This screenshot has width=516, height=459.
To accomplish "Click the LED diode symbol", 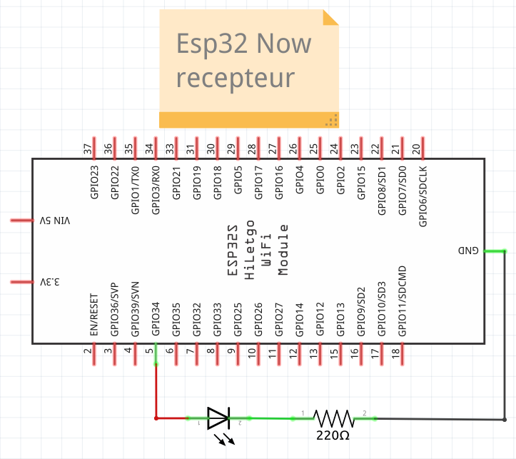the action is tap(218, 418).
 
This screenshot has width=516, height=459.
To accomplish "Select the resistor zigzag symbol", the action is tap(334, 418).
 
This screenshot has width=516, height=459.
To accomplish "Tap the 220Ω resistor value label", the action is tap(333, 435).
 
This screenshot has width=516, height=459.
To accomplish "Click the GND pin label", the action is tap(468, 251).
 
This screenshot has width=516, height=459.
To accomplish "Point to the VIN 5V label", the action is tap(55, 221).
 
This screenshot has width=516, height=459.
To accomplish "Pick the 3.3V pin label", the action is tap(50, 282).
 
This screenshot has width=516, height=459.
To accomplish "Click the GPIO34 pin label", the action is tap(156, 319).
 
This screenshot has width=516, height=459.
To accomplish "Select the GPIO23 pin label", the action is tap(94, 182).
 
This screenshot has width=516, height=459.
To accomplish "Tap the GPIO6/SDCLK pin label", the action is tap(423, 196).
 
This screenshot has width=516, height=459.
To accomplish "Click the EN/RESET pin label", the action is tap(94, 315).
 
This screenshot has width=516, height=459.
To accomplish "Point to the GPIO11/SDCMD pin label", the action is tap(402, 301).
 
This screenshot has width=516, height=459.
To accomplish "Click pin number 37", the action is tap(88, 149).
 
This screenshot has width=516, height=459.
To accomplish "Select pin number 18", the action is tap(396, 353).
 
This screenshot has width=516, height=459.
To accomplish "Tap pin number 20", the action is tap(416, 149).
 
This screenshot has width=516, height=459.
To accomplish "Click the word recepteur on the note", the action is tap(236, 79).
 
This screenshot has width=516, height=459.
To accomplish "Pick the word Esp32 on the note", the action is tap(212, 44).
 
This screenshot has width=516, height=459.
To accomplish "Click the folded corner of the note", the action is tap(330, 17).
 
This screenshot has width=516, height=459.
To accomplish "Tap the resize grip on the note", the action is tap(332, 120).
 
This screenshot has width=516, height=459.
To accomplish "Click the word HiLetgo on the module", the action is tap(250, 250).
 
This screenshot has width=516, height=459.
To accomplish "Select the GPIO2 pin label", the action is tap(340, 180).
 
